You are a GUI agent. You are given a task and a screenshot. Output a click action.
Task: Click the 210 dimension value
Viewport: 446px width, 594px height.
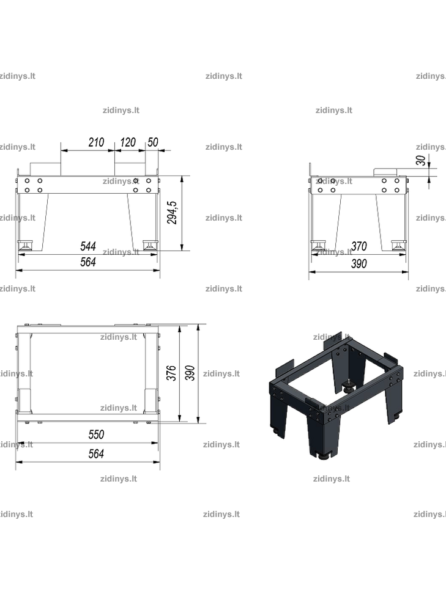pyautogui.click(x=96, y=142)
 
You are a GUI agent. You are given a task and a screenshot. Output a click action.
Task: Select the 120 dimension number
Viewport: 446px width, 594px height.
pyautogui.click(x=128, y=142)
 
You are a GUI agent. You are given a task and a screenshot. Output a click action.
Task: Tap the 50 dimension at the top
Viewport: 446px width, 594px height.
pyautogui.click(x=153, y=142)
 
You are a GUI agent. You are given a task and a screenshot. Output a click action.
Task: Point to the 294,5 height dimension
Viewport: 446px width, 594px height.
pyautogui.click(x=172, y=213)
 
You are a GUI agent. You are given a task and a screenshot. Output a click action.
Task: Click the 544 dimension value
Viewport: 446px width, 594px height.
pyautogui.click(x=88, y=246)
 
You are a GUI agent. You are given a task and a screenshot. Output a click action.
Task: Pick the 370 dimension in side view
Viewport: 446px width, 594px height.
pyautogui.click(x=359, y=246)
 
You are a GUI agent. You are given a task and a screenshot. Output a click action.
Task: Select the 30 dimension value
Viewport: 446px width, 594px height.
pyautogui.click(x=421, y=160)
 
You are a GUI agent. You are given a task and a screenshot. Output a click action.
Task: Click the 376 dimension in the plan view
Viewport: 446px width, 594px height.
pyautogui.click(x=172, y=373)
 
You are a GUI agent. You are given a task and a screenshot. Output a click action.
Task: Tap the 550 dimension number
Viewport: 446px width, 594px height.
pyautogui.click(x=96, y=434)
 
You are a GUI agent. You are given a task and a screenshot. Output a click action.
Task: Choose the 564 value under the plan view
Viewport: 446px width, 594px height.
pyautogui.click(x=96, y=453)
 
